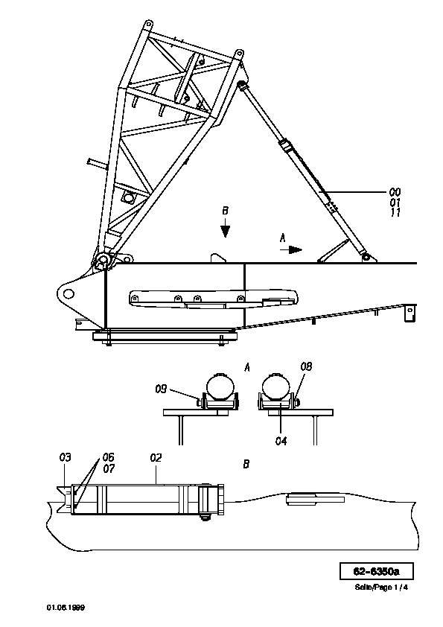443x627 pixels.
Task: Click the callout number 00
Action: (x=395, y=192)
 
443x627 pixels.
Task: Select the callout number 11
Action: (x=395, y=212)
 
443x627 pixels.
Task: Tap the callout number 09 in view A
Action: (x=161, y=388)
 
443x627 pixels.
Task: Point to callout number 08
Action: (x=306, y=366)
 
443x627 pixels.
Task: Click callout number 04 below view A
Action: (x=281, y=441)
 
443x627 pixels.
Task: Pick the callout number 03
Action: (x=66, y=456)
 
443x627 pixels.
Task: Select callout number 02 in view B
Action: (x=156, y=457)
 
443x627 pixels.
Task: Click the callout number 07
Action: (x=109, y=468)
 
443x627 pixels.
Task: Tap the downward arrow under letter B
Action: (x=226, y=229)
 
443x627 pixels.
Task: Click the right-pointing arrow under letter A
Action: (x=290, y=250)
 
